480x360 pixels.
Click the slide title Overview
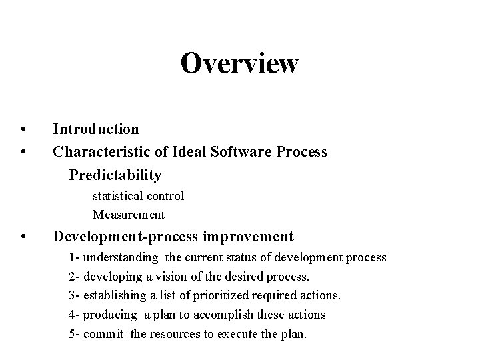coord(239,64)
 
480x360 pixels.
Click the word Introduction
coord(96,129)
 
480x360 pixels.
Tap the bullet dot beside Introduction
coord(23,129)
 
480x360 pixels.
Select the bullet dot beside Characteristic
coord(23,152)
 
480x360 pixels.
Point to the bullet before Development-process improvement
coord(23,237)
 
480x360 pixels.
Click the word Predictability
coord(115,175)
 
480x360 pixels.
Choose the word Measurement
coord(129,215)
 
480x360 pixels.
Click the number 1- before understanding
coord(75,257)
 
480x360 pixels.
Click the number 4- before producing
coord(75,315)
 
